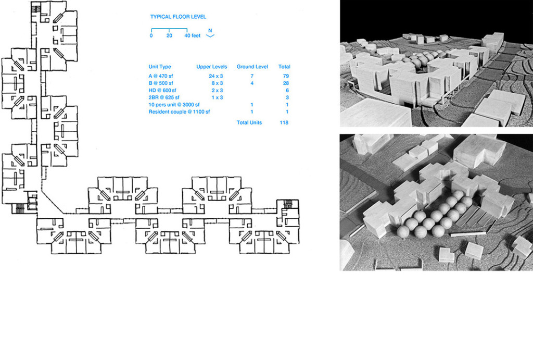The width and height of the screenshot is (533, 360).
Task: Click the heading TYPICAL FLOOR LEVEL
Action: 178,17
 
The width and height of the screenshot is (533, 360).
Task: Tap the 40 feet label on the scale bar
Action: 192,36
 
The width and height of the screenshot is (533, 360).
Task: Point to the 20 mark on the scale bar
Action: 169,36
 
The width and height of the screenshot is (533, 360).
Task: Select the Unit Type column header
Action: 160,67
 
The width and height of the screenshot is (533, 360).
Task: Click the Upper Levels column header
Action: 211,67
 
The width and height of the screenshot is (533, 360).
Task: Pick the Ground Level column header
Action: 252,67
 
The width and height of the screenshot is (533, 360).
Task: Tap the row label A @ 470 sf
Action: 162,76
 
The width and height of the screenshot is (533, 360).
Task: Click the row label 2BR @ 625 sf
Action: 164,97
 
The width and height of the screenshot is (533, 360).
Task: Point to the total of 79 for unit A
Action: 285,76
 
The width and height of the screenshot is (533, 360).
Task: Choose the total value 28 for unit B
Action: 285,83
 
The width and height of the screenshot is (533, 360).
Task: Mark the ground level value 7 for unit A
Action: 252,76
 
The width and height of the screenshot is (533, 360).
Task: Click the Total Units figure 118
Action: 284,123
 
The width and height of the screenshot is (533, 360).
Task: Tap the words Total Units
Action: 249,123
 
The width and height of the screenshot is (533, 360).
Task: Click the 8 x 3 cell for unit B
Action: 216,83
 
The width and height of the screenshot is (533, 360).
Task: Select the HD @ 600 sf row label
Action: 162,90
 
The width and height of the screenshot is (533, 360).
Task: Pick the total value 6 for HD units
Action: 287,90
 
